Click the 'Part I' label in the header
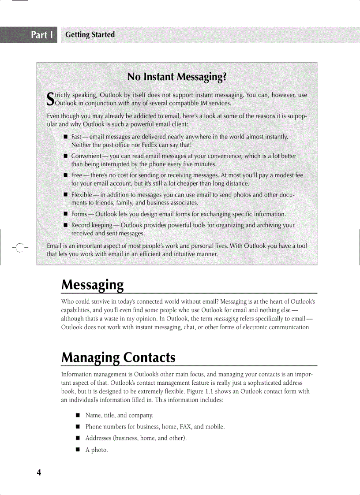pos(42,35)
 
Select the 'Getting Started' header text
pos(90,35)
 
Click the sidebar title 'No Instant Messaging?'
pos(177,78)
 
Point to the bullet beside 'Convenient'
pos(65,156)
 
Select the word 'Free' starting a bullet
pos(77,175)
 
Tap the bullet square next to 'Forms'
pos(65,214)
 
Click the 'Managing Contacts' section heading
pos(118,357)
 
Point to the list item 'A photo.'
pos(96,450)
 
